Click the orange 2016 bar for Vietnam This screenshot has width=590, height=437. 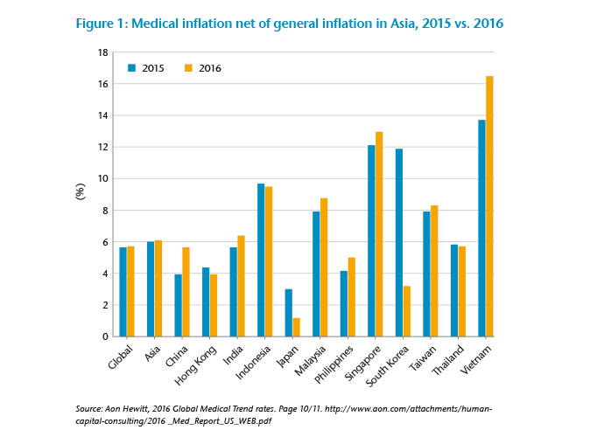489,206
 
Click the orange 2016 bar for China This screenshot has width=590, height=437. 186,292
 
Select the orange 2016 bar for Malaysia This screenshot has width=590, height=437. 324,267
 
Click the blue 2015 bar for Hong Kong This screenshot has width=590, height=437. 206,302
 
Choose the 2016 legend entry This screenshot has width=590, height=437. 203,67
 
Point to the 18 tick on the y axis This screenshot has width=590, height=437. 103,52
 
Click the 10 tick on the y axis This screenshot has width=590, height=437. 103,179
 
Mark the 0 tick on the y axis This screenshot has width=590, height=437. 105,336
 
